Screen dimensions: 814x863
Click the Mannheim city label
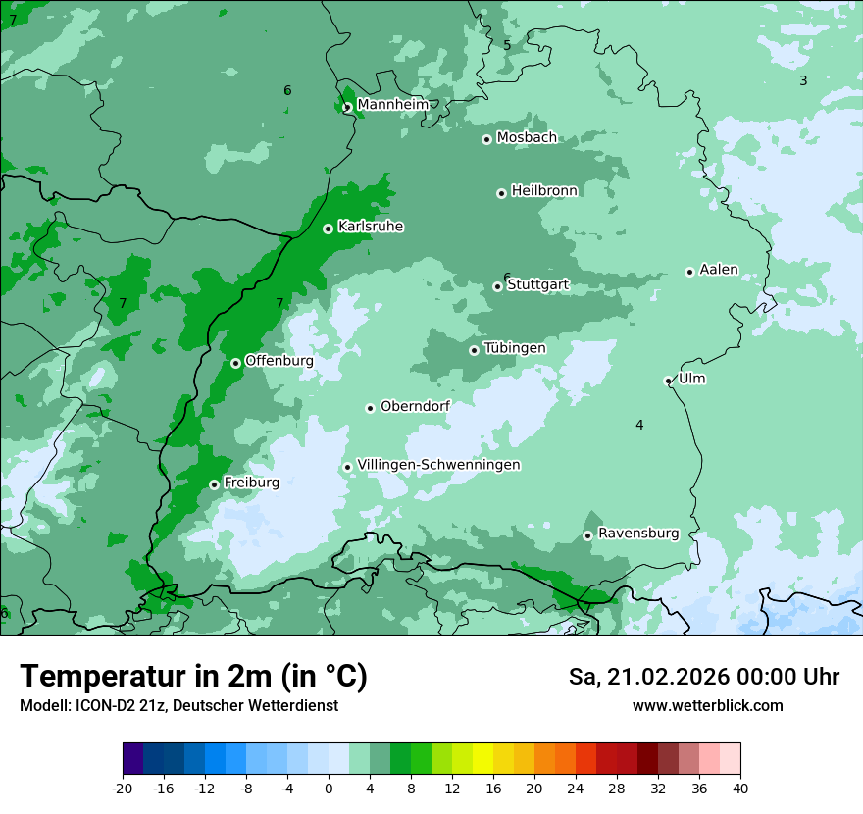[392, 104]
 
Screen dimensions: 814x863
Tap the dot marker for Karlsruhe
[328, 229]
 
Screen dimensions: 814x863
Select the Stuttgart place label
[537, 285]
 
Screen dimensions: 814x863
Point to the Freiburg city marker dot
[214, 484]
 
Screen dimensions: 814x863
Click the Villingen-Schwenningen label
[438, 465]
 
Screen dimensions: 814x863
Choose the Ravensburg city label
[638, 534]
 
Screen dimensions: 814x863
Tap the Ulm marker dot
[668, 381]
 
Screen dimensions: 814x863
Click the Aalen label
[719, 270]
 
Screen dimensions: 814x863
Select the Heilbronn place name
[544, 191]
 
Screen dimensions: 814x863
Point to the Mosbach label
[527, 138]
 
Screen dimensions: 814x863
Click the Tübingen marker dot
[474, 350]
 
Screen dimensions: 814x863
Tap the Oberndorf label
[415, 406]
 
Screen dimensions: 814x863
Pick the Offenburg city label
[279, 361]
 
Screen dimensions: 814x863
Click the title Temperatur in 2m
[193, 676]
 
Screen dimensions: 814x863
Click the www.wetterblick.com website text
[707, 705]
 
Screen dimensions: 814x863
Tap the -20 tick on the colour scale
[123, 788]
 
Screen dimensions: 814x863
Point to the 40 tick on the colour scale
[740, 788]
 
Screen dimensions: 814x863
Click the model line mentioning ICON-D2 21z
[178, 705]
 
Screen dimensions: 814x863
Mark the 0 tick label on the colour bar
[329, 788]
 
